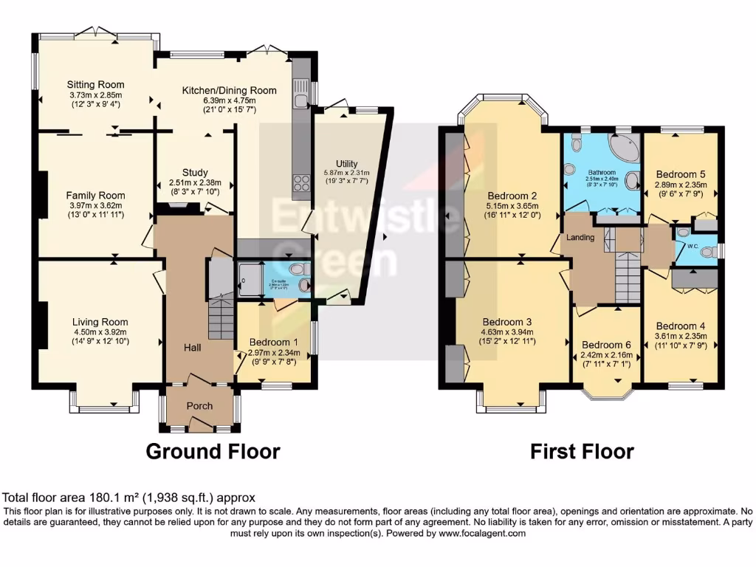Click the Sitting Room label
click(96, 85)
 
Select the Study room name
click(195, 173)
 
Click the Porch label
click(199, 406)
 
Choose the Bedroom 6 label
click(607, 345)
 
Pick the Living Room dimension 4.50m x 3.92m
click(100, 331)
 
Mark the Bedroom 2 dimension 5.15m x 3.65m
click(511, 206)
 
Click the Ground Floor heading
click(213, 451)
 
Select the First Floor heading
click(582, 451)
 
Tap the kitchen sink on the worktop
click(300, 100)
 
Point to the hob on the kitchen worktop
click(302, 182)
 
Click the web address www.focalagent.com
click(481, 533)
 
